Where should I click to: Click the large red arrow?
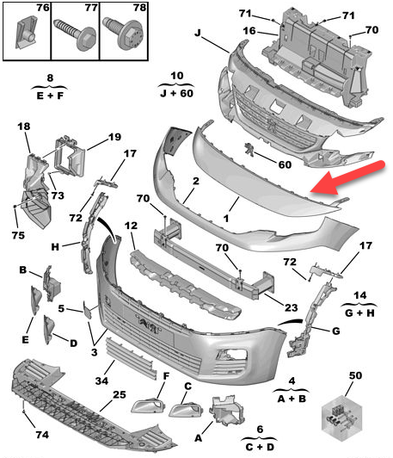(x=347, y=177)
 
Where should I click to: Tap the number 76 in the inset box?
(x=43, y=8)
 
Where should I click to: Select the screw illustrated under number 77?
(x=75, y=33)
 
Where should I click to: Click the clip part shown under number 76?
(x=26, y=32)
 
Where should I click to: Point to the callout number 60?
(x=285, y=164)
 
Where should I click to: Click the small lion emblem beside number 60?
(x=249, y=149)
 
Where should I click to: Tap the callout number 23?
(x=291, y=307)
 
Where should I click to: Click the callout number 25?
(x=120, y=395)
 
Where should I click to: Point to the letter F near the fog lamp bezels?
(x=166, y=376)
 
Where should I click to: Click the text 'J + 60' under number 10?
(x=176, y=94)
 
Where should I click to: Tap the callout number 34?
(x=101, y=381)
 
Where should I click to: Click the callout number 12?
(x=131, y=226)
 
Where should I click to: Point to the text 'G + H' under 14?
(x=359, y=313)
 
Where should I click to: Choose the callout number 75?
(x=18, y=235)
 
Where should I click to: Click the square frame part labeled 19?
(x=70, y=157)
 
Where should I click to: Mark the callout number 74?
(x=42, y=435)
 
